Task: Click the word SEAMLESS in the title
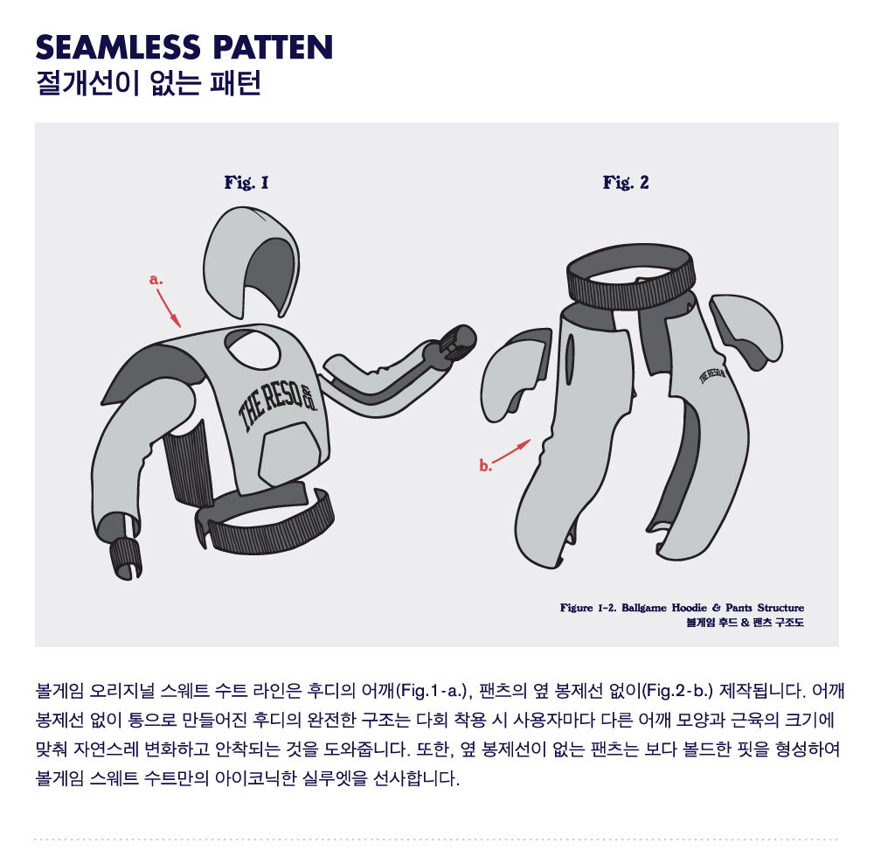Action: coord(118,47)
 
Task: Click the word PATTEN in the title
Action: coord(273,47)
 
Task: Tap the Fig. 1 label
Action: coord(246,182)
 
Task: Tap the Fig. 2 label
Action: coord(626,182)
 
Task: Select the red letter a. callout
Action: coord(156,280)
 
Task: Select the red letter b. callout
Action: coord(485,465)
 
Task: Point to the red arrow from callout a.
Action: coord(169,309)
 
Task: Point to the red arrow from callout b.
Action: coord(511,451)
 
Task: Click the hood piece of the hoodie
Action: coord(251,262)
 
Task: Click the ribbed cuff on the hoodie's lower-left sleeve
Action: coord(125,559)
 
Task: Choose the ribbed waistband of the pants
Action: coord(631,276)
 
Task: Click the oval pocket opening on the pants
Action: coord(570,360)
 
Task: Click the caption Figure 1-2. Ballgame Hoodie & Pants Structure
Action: coord(682,607)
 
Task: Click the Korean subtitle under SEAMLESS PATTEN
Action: coord(149,84)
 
